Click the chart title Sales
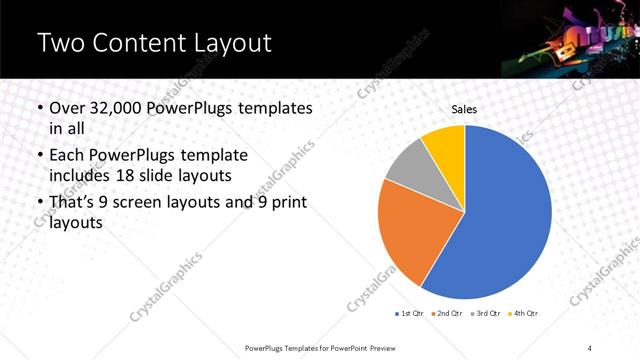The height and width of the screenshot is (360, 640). (x=464, y=108)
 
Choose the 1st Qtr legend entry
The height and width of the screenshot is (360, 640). (x=410, y=314)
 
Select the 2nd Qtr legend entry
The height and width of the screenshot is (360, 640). (x=446, y=314)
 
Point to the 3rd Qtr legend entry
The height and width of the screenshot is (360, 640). (x=486, y=314)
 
